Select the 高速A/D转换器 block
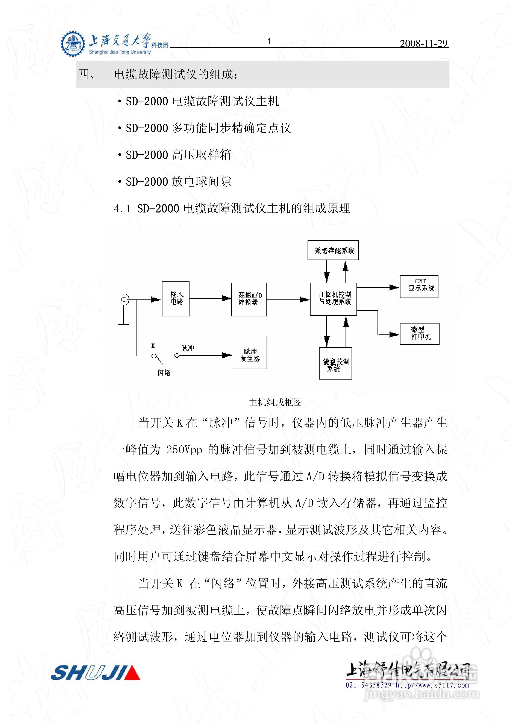[249, 299]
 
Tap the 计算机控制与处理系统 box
[334, 299]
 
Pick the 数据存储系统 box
[333, 250]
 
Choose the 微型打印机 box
[419, 333]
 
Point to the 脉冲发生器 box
[249, 352]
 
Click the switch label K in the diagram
[153, 346]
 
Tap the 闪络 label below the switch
[164, 372]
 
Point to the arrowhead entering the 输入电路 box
[156, 299]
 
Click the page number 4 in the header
[268, 41]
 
